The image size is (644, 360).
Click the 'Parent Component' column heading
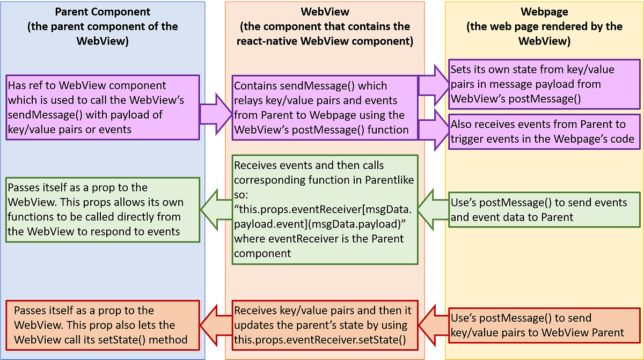point(102,11)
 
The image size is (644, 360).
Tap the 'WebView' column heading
point(325,11)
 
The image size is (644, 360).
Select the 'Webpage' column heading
point(544,11)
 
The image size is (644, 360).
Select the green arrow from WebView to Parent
point(216,210)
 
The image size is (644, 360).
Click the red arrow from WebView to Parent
point(216,325)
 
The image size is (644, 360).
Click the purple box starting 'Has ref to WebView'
point(102,107)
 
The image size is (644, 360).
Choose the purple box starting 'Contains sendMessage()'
point(325,107)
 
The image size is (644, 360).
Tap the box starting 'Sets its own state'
point(544,84)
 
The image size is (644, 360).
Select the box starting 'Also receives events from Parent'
point(544,131)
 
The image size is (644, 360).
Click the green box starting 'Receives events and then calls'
point(325,210)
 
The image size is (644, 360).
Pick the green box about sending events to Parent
point(544,210)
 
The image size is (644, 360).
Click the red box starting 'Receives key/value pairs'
point(325,325)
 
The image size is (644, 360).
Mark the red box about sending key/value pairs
point(544,325)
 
